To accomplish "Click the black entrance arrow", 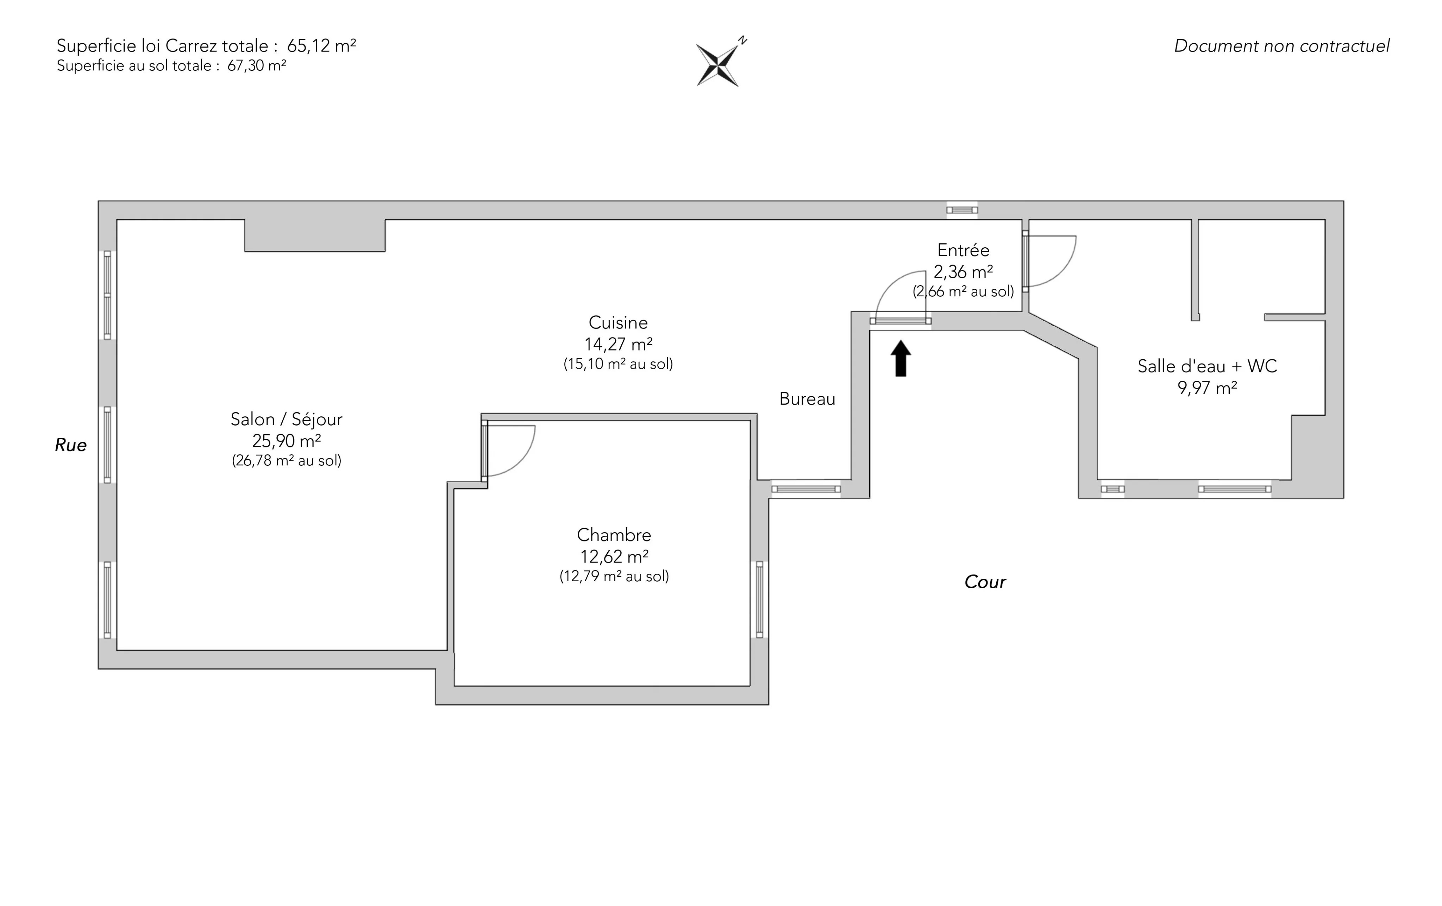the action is (x=901, y=358).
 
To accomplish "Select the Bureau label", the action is (x=807, y=399).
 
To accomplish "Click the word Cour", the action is (x=985, y=582).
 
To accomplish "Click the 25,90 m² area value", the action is (x=286, y=441).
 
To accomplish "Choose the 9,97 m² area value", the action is (x=1207, y=388).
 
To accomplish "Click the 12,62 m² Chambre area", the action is (x=614, y=557).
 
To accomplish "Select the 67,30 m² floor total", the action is (x=256, y=66).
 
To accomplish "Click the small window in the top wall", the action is (x=962, y=210).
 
